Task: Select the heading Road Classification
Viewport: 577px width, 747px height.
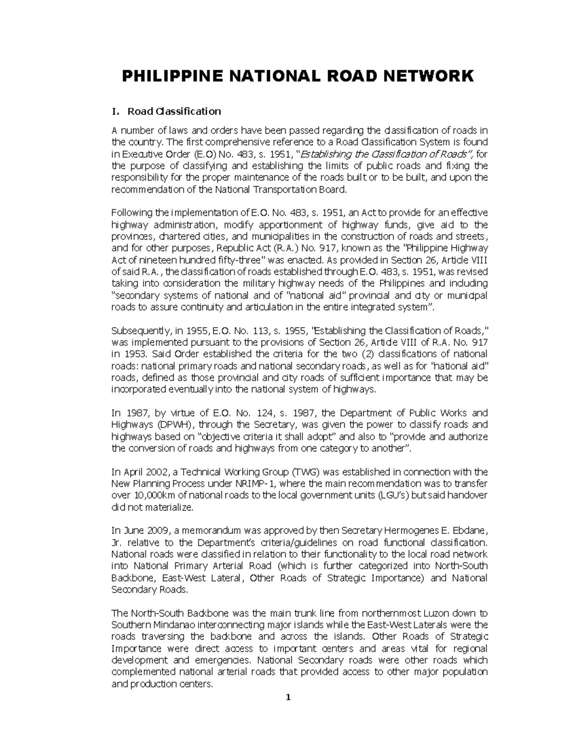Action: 174,112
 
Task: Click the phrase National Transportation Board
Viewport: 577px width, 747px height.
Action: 279,190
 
